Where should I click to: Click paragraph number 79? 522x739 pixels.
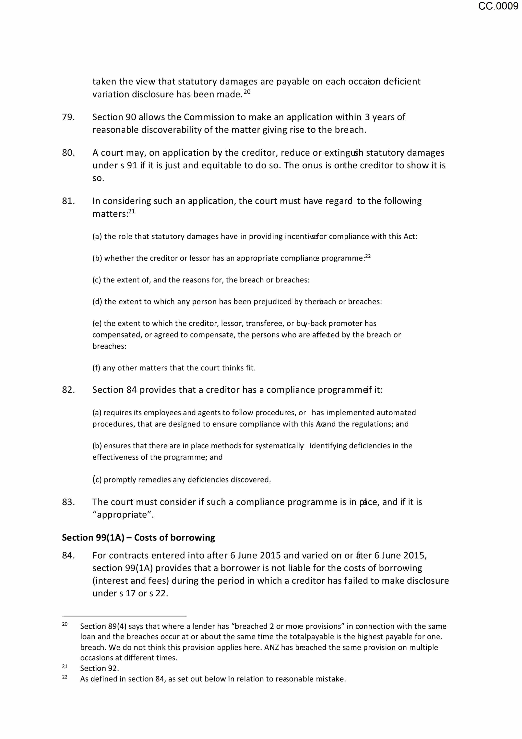[x=68, y=117]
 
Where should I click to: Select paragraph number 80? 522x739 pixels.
[x=68, y=153]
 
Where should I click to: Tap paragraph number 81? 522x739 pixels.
[x=68, y=201]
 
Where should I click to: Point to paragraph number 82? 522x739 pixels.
[x=68, y=390]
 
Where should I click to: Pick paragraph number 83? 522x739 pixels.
[x=68, y=502]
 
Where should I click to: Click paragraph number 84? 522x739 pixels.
[x=68, y=555]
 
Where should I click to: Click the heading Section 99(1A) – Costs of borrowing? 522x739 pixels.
[x=138, y=538]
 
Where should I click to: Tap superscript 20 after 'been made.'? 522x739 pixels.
[x=247, y=92]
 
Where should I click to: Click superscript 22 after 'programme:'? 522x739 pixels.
[x=368, y=256]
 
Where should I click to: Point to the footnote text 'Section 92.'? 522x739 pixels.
[x=99, y=668]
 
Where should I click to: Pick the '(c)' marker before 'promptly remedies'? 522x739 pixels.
[x=97, y=480]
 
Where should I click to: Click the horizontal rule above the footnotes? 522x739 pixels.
[x=124, y=616]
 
